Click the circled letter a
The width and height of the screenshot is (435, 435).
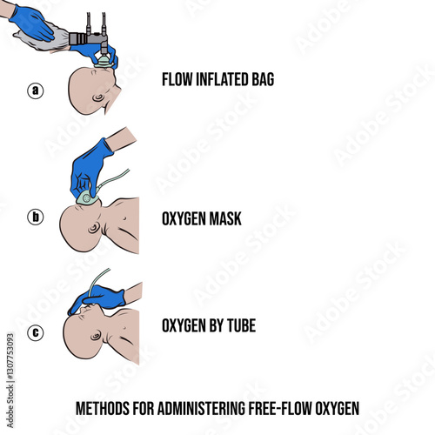pos(36,90)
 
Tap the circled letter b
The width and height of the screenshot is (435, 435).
pos(36,217)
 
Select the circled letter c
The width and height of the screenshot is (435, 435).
pos(36,332)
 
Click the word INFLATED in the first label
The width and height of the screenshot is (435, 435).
pos(223,79)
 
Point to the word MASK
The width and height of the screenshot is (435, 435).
pos(225,218)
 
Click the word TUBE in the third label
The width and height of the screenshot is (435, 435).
pos(241,325)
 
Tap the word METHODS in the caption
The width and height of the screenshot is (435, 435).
pos(103,408)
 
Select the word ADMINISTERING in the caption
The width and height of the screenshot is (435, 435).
pos(202,408)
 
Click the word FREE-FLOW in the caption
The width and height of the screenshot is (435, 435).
pos(280,408)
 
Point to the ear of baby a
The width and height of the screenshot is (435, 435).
pos(98,97)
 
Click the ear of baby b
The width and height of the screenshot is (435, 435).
pos(94,228)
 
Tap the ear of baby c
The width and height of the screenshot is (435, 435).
pos(96,337)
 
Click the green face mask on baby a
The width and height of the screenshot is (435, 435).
pos(103,62)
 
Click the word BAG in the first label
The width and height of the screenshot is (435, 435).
pos(263,79)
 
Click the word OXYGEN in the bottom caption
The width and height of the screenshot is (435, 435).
pos(337,408)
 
